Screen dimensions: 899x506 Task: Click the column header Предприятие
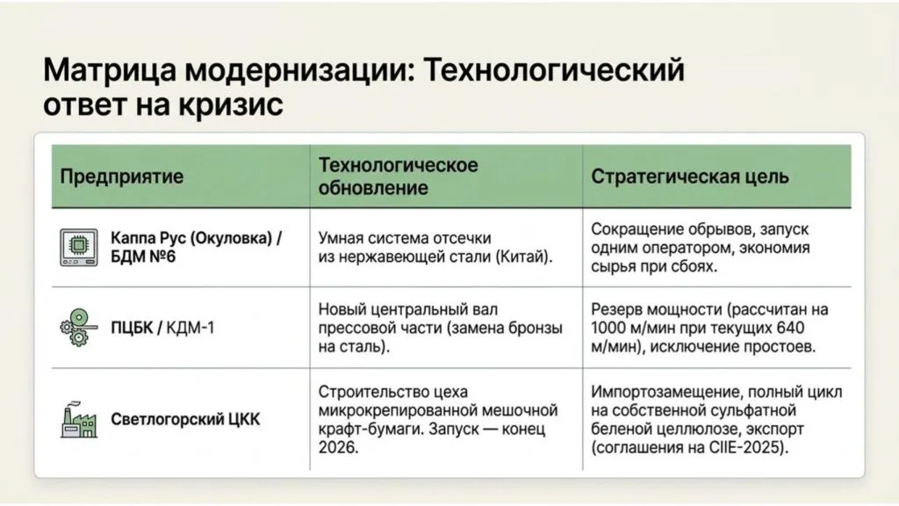point(121,176)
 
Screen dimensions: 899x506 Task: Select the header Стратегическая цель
point(690,176)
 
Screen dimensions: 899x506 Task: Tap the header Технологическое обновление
point(398,176)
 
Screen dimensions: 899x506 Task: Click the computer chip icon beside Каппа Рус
point(78,247)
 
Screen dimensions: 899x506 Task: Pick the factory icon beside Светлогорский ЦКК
point(79,419)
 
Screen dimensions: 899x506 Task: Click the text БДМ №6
point(143,257)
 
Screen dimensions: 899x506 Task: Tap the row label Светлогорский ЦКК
point(185,419)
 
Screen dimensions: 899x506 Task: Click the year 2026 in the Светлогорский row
point(338,447)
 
